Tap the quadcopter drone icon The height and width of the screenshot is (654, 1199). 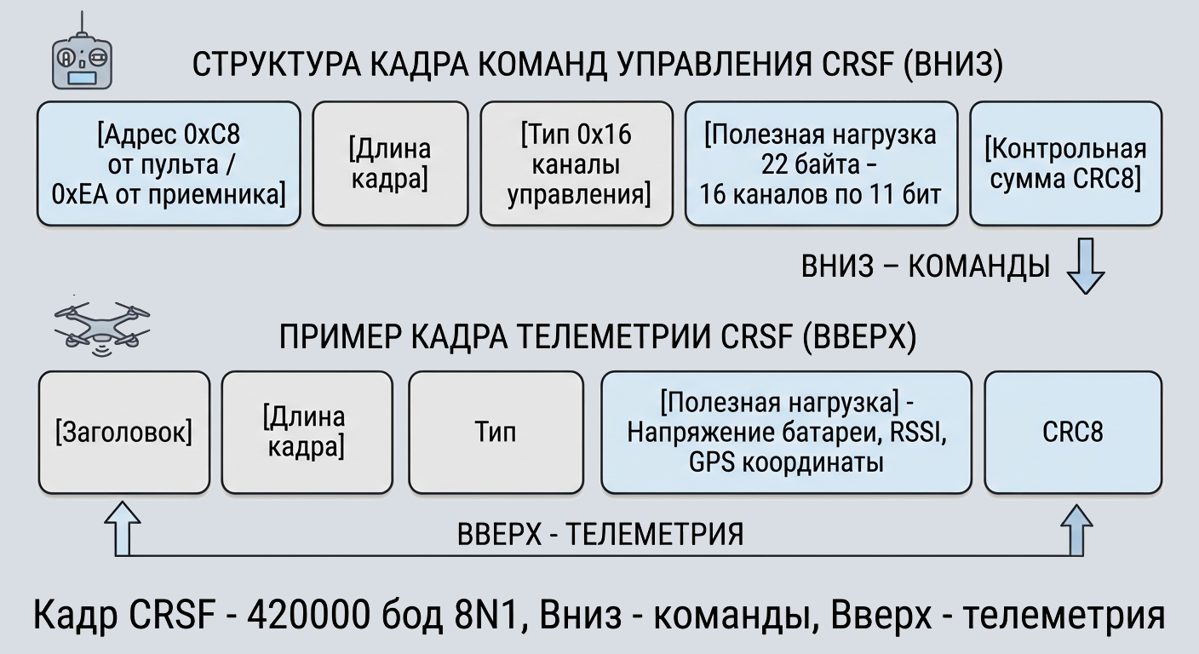[x=101, y=328]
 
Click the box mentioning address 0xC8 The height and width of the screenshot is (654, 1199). [x=169, y=163]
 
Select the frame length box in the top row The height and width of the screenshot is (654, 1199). [x=390, y=163]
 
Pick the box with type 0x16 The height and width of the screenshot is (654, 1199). [x=577, y=163]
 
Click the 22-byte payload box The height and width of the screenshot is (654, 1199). [x=821, y=163]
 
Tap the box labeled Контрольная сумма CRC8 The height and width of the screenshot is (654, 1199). [x=1065, y=163]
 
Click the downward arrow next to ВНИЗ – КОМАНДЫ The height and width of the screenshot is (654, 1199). [x=1086, y=266]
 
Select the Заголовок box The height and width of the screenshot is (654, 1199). [x=124, y=433]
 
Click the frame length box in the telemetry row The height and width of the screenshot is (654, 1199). [x=307, y=433]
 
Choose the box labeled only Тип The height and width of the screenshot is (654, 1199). [x=496, y=433]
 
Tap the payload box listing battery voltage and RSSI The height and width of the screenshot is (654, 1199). [x=786, y=433]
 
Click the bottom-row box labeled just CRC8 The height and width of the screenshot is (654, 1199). [x=1073, y=433]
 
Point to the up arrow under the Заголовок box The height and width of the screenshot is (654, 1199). [x=123, y=529]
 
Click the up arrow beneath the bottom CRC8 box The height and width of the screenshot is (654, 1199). [x=1076, y=530]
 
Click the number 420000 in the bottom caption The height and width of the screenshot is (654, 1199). [x=308, y=615]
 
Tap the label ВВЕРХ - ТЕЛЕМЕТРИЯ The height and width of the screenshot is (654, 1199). [x=600, y=534]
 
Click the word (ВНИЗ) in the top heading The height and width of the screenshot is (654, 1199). [x=953, y=65]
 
